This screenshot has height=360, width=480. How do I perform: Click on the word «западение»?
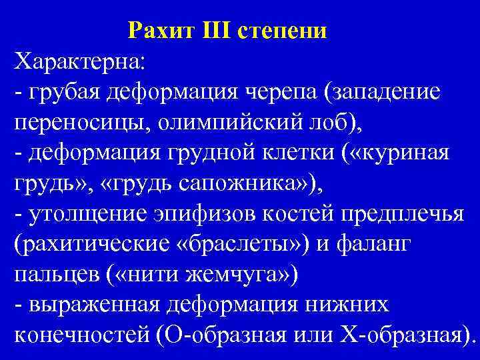[389, 94]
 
